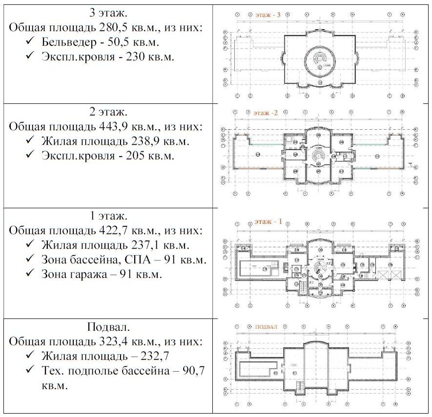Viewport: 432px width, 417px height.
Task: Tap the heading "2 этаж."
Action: (x=108, y=112)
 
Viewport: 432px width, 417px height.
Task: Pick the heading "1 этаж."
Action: (x=108, y=216)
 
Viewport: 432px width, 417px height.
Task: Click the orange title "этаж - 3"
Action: (x=267, y=15)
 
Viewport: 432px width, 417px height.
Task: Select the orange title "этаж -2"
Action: (x=266, y=113)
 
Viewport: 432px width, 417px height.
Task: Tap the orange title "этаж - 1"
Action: (x=267, y=222)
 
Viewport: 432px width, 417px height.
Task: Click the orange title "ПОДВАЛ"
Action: (x=266, y=327)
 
